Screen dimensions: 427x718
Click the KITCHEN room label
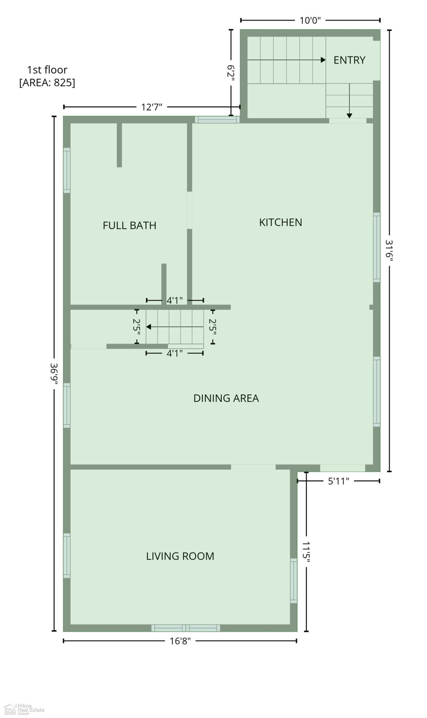click(280, 222)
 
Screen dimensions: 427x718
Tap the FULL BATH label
click(129, 225)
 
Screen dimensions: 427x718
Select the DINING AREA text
click(226, 398)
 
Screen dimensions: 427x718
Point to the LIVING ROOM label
click(180, 556)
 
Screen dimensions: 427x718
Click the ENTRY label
click(349, 60)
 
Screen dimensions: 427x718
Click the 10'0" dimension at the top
click(310, 20)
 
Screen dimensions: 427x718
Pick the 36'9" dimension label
click(54, 374)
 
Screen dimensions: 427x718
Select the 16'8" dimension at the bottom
click(180, 641)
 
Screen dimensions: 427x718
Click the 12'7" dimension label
click(152, 107)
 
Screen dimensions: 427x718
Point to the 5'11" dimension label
click(338, 481)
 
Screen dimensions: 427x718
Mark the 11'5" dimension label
click(306, 552)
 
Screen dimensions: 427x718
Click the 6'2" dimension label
click(231, 73)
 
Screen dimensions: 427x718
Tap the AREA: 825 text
click(47, 83)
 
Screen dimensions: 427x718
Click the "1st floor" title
click(47, 70)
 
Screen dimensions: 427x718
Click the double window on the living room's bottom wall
click(186, 628)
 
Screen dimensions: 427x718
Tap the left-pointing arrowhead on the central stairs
click(149, 327)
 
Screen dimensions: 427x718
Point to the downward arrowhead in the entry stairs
click(349, 116)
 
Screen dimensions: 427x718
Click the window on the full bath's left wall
click(67, 171)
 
